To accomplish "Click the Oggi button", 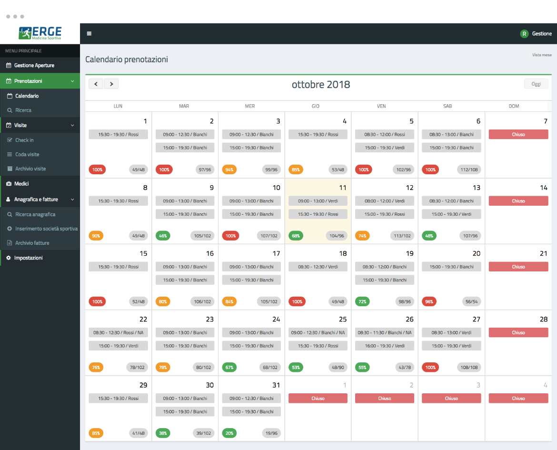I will coord(536,84).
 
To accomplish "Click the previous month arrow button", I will coord(96,84).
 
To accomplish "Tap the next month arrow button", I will coord(111,84).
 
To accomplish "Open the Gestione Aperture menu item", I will coord(34,65).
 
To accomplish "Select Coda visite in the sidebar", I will coord(27,154).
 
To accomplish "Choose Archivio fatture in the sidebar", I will coord(32,243).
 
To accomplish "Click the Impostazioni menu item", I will coord(28,258).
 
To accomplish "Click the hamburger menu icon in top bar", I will coord(89,34).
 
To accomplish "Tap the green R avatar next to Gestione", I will coord(524,34).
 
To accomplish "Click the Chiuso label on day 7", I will coord(518,134).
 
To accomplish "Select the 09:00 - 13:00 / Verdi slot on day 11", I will coord(318,201).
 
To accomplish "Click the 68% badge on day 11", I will coord(296,236).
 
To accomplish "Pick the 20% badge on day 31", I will coord(229,433).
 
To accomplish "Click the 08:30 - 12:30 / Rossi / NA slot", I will coord(118,332).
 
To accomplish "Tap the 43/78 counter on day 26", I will coord(405,368).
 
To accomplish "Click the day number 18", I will coord(343,253).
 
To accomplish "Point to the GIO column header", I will coord(316,106).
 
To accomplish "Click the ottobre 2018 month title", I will coord(321,85).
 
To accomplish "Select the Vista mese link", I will coord(542,55).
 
